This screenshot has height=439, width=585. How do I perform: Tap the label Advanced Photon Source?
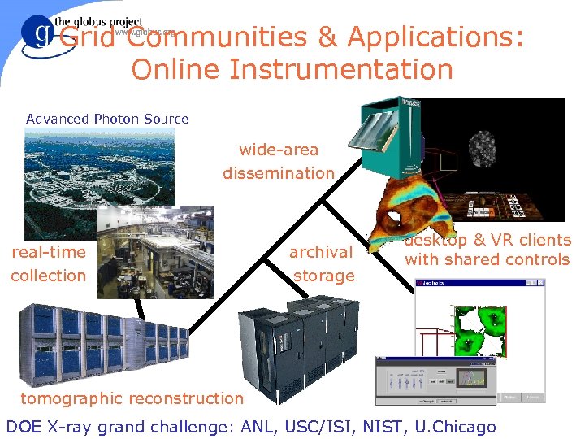coord(107,119)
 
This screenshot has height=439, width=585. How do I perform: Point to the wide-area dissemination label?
coord(279,161)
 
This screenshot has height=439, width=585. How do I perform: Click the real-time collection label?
coord(48,263)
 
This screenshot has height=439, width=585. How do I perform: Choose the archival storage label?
coord(323,263)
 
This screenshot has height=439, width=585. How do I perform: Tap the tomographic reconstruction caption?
coord(132,398)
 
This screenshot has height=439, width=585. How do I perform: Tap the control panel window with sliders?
coord(435,381)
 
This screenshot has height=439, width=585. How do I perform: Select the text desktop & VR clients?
coord(488,241)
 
